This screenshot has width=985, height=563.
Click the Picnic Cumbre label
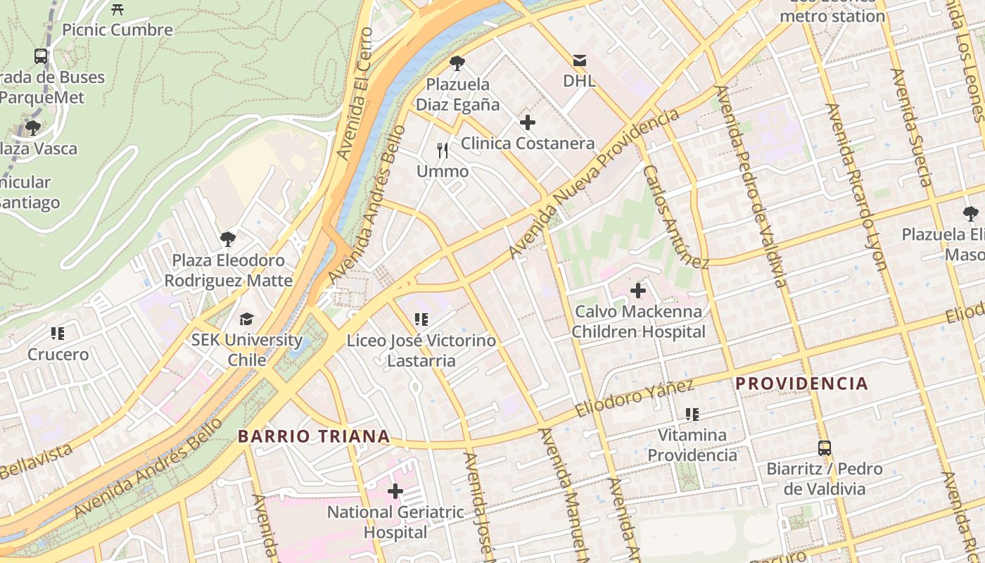[117, 30]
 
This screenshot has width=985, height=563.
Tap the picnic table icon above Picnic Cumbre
[117, 9]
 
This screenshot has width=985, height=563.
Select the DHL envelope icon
[579, 61]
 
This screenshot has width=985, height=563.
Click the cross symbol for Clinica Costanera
[527, 122]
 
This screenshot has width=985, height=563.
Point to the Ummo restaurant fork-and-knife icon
[443, 150]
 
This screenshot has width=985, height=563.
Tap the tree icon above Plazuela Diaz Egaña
[457, 63]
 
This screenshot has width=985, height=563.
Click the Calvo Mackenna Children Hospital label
[638, 322]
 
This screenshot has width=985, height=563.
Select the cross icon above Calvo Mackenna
[638, 290]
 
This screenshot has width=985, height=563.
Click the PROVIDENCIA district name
[801, 384]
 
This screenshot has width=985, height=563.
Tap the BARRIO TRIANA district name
[314, 436]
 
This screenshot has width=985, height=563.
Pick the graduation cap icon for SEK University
[246, 319]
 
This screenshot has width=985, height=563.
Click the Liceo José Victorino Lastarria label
[421, 350]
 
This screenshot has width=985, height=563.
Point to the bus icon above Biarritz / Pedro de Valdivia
[824, 448]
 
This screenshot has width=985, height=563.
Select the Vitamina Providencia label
[692, 445]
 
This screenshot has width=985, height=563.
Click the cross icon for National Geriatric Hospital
[395, 491]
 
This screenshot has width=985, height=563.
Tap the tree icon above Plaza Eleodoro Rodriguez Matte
[227, 239]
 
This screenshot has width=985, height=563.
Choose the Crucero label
[58, 354]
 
